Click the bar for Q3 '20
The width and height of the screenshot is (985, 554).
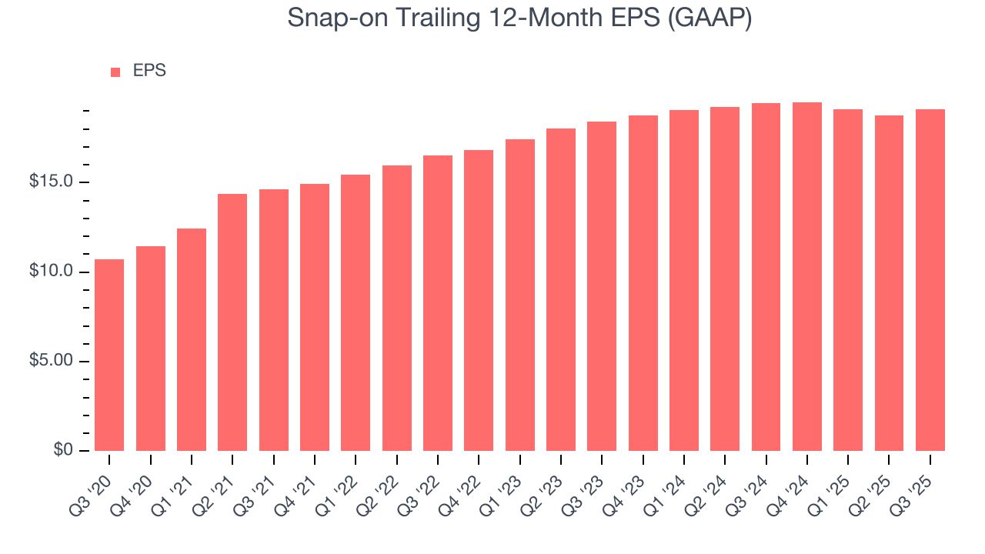[109, 355]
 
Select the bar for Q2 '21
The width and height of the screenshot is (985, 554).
[232, 322]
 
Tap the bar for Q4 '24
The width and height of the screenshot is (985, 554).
[807, 276]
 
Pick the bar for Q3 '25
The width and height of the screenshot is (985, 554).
[930, 280]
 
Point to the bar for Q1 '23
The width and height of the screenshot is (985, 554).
[520, 295]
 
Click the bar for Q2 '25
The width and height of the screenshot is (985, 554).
[889, 283]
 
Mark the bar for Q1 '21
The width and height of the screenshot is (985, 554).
[192, 339]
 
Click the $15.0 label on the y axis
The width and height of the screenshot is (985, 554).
[52, 182]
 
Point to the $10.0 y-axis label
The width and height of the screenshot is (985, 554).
[52, 272]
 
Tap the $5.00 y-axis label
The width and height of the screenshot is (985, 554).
[52, 361]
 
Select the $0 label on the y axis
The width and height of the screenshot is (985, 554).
[63, 450]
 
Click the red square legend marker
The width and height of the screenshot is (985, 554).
[115, 72]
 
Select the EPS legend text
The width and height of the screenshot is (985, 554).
[149, 71]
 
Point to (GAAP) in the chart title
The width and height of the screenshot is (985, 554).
[710, 18]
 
